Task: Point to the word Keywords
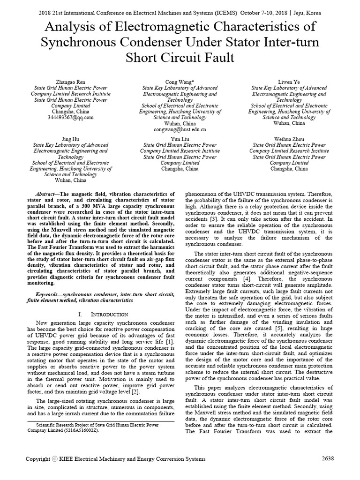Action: coord(50,293)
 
